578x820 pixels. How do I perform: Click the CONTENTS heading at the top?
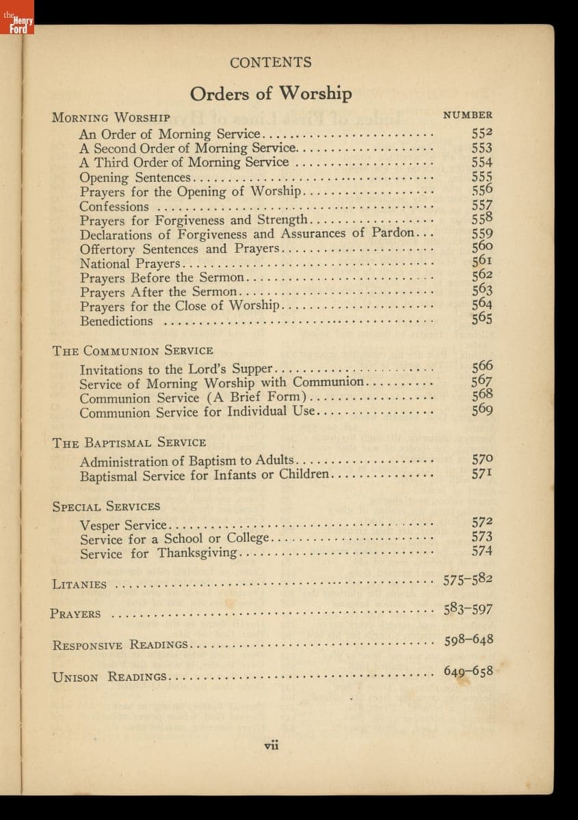pos(271,63)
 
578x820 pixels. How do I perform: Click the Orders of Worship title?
pos(271,93)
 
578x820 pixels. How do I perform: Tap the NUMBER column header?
pos(468,115)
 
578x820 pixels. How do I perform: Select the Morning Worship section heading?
pos(111,117)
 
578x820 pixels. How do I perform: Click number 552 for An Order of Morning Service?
pos(482,134)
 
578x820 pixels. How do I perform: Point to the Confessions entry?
pos(114,206)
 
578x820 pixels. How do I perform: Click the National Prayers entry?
pos(130,264)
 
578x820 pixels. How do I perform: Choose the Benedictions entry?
pos(116,321)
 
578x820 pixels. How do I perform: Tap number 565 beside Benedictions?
pos(482,318)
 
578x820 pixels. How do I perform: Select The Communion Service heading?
pos(133,351)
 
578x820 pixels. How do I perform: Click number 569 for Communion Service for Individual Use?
pos(482,410)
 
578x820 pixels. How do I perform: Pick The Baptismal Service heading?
pos(129,443)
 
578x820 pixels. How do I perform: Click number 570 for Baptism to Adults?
pos(482,460)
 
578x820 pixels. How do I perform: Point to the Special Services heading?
pos(106,506)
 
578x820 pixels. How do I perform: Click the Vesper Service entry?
pos(123,525)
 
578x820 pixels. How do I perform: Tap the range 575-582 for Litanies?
pos(468,580)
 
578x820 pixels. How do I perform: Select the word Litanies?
pos(79,585)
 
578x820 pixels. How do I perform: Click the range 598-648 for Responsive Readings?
pos(469,641)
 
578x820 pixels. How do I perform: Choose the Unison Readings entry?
pos(109,677)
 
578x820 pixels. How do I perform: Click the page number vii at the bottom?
pos(272,745)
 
